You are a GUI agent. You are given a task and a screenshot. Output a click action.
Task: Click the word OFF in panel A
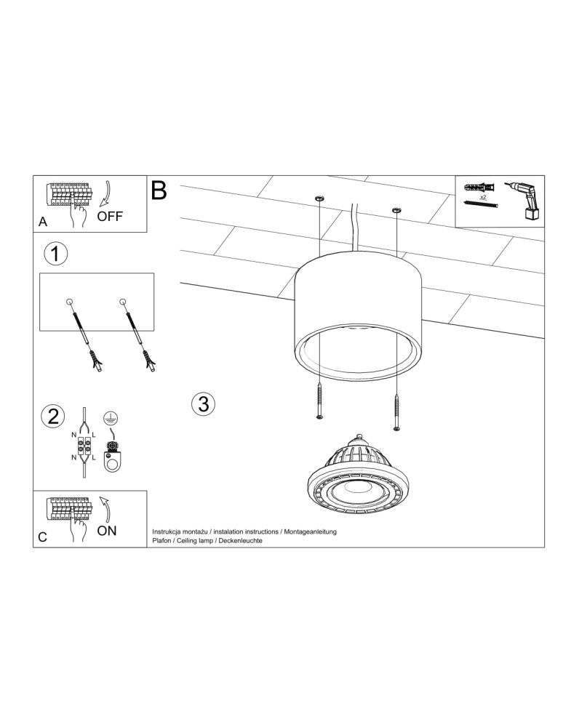click(x=110, y=217)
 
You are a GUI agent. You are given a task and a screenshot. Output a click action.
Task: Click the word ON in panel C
click(x=107, y=531)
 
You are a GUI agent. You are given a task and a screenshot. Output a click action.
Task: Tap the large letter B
click(x=159, y=190)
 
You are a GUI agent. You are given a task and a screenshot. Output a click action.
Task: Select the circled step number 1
click(x=56, y=254)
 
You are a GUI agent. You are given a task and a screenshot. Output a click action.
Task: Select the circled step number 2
click(x=53, y=417)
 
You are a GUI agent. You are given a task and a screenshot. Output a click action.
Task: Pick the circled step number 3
click(x=204, y=403)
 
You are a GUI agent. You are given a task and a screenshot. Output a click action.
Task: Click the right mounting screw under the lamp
click(x=396, y=412)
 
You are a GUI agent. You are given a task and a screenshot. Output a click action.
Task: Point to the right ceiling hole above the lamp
click(x=396, y=211)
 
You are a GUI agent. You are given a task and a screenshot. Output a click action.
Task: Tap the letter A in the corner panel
click(x=43, y=222)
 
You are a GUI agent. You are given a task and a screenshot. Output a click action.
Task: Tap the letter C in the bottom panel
click(x=43, y=537)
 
